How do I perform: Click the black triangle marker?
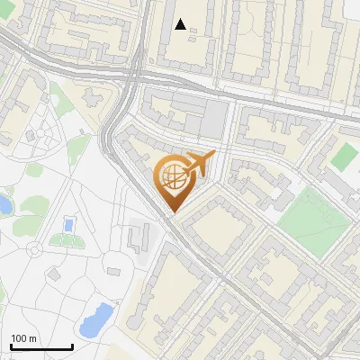(181, 24)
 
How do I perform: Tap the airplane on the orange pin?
(198, 165)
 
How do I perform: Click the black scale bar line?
(41, 347)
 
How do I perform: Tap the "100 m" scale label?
(25, 338)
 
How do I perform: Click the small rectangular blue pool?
(68, 224)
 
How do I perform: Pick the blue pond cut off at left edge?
(4, 205)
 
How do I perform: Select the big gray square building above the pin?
(214, 119)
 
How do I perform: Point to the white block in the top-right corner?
(352, 9)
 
